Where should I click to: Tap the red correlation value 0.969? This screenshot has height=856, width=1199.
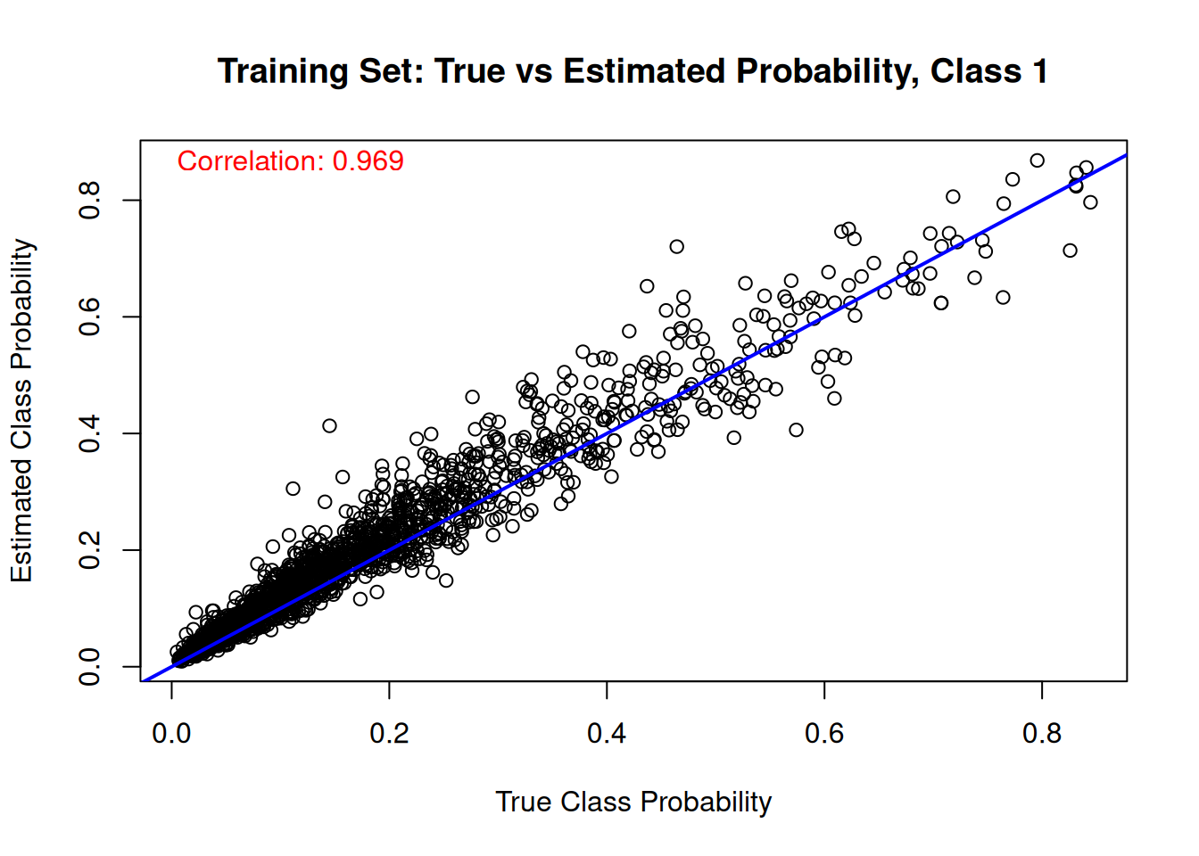point(368,161)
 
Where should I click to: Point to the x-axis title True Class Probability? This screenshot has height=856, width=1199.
point(633,802)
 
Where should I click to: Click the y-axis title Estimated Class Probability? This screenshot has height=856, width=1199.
point(21,410)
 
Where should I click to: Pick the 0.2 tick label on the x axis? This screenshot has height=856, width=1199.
point(389,734)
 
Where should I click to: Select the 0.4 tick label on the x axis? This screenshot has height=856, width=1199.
point(607,734)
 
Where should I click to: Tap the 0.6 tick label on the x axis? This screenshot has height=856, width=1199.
point(824,734)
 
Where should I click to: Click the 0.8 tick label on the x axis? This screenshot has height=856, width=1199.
point(1042,734)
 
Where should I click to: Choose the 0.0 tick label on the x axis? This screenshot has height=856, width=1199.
point(171,734)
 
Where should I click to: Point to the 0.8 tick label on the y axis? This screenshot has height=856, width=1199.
point(90,200)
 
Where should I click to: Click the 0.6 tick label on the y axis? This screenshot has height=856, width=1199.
point(90,317)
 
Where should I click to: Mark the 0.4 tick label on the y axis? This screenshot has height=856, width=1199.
point(90,433)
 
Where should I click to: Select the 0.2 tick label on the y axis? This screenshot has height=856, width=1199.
point(90,550)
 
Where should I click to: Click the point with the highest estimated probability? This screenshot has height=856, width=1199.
point(1037,160)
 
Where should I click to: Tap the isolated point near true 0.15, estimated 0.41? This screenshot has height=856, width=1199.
point(329,425)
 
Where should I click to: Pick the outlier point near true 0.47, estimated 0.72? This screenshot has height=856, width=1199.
point(676,246)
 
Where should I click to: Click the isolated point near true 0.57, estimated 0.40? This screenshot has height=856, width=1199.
point(796,430)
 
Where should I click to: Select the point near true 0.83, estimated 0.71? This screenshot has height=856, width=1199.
point(1070,251)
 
